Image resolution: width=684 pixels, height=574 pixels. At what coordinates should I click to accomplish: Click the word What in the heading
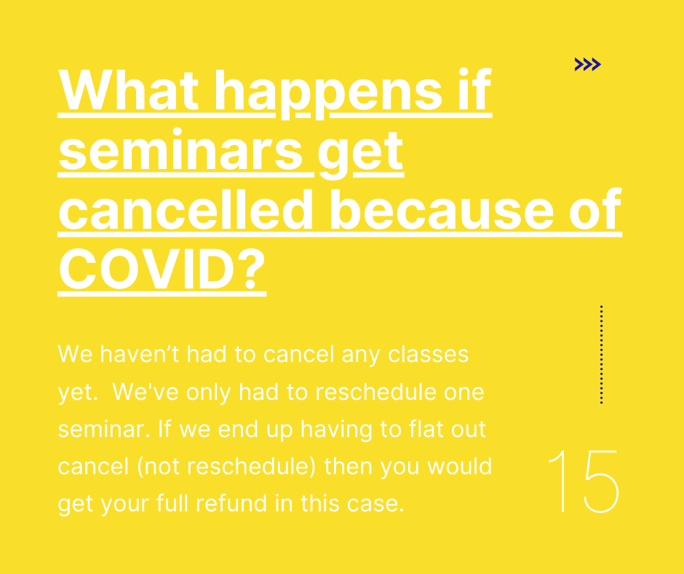pos(129,90)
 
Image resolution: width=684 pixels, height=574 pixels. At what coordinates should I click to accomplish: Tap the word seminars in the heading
pos(180,150)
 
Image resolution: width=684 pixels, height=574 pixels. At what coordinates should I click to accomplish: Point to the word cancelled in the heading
pos(186,209)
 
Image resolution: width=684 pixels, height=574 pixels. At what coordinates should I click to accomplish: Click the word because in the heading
pos(441,209)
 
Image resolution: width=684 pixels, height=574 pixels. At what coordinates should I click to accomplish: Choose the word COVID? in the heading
pos(162,269)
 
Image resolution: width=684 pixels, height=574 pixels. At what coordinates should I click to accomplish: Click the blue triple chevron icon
pos(588,64)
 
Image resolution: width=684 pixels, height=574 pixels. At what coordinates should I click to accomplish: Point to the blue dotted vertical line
pos(602,354)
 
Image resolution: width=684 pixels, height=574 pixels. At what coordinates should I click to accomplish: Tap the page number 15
pos(584,481)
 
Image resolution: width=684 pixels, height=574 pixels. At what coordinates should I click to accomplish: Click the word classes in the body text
pos(429,354)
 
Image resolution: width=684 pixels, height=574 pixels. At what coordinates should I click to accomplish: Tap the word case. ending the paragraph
pos(375,504)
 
